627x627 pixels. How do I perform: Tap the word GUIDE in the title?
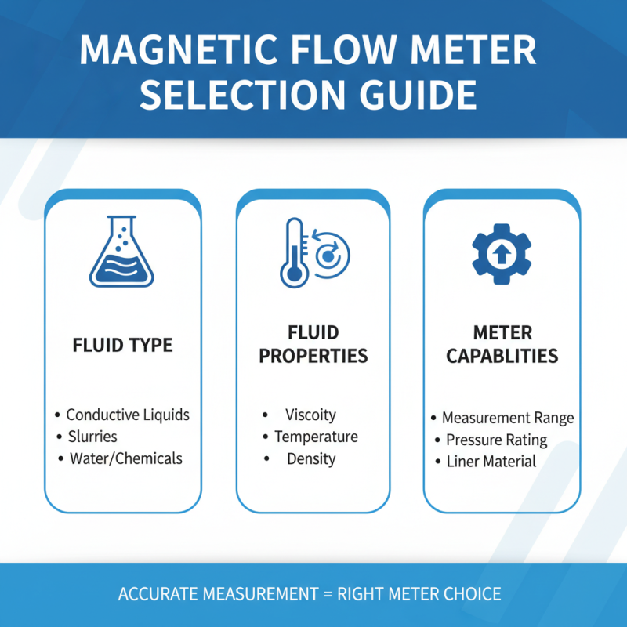(x=411, y=95)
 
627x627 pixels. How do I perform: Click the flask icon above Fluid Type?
(x=122, y=252)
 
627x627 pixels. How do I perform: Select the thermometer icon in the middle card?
(x=293, y=252)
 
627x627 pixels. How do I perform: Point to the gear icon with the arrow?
(x=502, y=253)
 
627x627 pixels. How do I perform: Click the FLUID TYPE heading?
(x=122, y=346)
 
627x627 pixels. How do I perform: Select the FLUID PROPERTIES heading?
(x=313, y=345)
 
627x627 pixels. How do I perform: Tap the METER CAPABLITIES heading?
(x=502, y=345)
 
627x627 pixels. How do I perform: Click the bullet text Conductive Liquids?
(x=128, y=415)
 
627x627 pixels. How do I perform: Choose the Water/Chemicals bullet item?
(x=125, y=458)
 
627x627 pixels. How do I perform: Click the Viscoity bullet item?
(x=310, y=415)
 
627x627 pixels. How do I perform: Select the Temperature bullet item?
(x=316, y=437)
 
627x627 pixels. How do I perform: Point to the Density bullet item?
(x=310, y=458)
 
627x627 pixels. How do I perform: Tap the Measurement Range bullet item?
(x=508, y=418)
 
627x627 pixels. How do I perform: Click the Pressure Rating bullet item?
(x=496, y=440)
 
